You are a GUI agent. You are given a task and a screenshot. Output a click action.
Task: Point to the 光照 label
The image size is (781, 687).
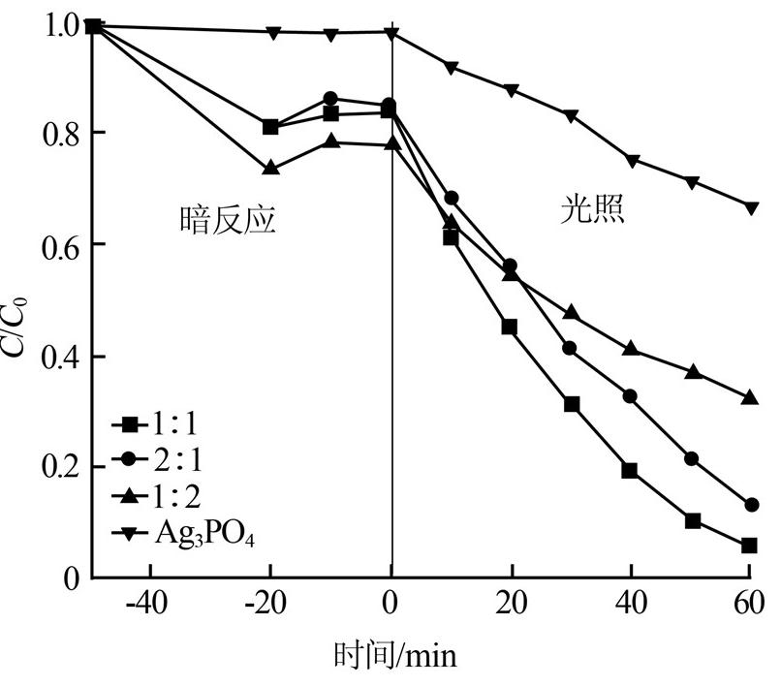pos(592,210)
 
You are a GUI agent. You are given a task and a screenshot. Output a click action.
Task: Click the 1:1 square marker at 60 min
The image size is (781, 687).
pos(749,546)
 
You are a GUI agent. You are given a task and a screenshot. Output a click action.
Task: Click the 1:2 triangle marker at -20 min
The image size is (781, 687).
pos(270,168)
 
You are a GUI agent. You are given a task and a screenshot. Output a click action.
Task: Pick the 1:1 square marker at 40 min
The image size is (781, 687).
pos(630,471)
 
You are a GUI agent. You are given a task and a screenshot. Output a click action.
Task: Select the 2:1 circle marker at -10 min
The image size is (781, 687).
pos(331,99)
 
